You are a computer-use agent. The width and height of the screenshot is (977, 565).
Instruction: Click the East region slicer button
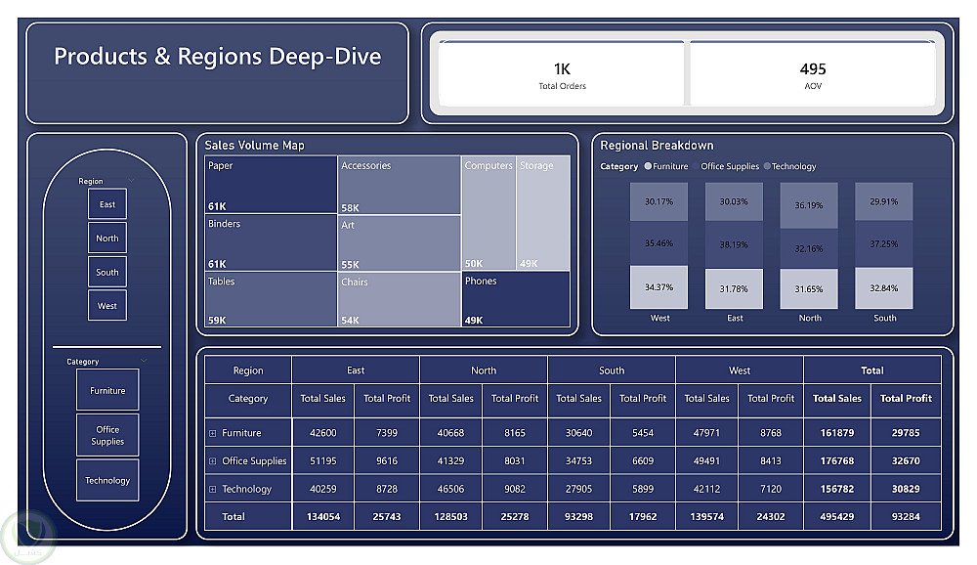point(107,204)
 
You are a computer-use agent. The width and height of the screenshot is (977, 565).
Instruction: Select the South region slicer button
point(107,272)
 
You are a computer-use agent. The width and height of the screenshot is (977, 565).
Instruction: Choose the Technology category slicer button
point(107,480)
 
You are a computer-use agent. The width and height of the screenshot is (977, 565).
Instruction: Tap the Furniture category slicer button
point(107,390)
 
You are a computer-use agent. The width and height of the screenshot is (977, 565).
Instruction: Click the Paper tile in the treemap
point(271,185)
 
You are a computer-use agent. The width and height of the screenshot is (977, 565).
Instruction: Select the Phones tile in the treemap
point(516,299)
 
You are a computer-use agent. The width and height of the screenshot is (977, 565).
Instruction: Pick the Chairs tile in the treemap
point(399,299)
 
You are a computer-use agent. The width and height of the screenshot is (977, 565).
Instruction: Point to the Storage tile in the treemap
point(543,213)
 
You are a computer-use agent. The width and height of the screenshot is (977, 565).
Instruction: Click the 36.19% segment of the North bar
point(809,205)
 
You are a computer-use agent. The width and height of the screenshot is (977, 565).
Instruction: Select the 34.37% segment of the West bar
point(658,287)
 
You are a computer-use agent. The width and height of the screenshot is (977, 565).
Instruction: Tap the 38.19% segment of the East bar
point(734,244)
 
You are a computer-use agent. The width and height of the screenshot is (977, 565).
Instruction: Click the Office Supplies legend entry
point(730,166)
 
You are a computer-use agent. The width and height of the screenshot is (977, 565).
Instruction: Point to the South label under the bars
point(885,318)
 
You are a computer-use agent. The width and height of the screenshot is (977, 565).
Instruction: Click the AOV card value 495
point(813,68)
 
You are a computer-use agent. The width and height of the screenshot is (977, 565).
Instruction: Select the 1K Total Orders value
point(562,68)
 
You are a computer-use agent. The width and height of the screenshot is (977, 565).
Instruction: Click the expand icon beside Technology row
point(212,490)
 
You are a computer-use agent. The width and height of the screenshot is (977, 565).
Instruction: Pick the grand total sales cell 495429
point(837,517)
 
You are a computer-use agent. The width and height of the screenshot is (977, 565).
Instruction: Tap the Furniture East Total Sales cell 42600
point(322,433)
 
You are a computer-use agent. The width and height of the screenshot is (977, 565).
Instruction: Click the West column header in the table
point(740,370)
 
